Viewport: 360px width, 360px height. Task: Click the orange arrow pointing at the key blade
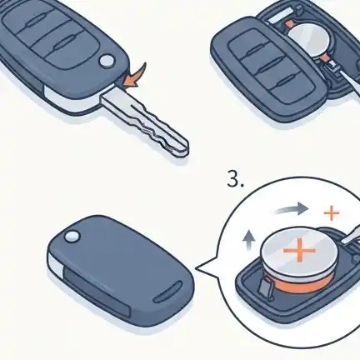135,77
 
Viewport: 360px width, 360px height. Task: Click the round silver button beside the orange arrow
107,61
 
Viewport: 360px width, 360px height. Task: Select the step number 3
236,181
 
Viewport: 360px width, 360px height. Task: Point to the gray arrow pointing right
291,209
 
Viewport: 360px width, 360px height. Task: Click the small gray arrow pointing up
249,238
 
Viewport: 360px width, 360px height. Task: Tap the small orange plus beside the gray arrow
332,213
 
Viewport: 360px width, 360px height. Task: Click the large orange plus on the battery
299,250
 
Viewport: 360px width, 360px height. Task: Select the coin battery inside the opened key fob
308,40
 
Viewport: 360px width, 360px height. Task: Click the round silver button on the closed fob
72,237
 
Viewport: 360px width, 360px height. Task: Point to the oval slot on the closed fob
168,292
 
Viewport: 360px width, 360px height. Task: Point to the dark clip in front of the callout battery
264,287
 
